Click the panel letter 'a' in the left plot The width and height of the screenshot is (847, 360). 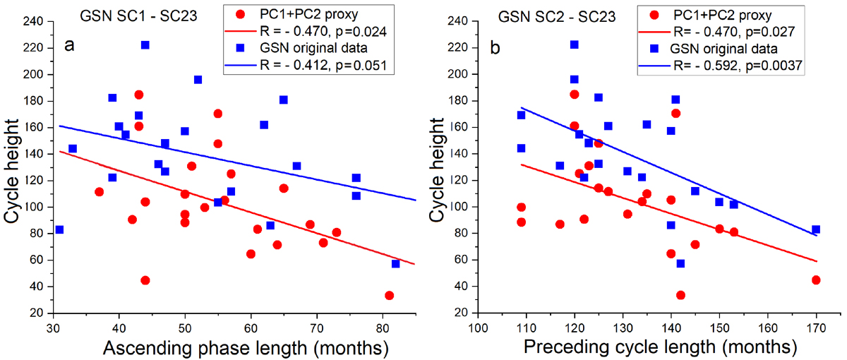pos(69,46)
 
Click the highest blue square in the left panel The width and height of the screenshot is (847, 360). pos(145,45)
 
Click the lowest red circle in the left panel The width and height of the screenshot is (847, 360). pos(389,295)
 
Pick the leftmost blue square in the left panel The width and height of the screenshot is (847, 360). pos(59,229)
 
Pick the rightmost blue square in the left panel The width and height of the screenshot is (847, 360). pos(395,263)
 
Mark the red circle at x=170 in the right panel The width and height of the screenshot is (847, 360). pos(816,280)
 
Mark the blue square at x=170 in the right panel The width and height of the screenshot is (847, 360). pos(816,229)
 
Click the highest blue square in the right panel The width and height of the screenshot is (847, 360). pos(575,45)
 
